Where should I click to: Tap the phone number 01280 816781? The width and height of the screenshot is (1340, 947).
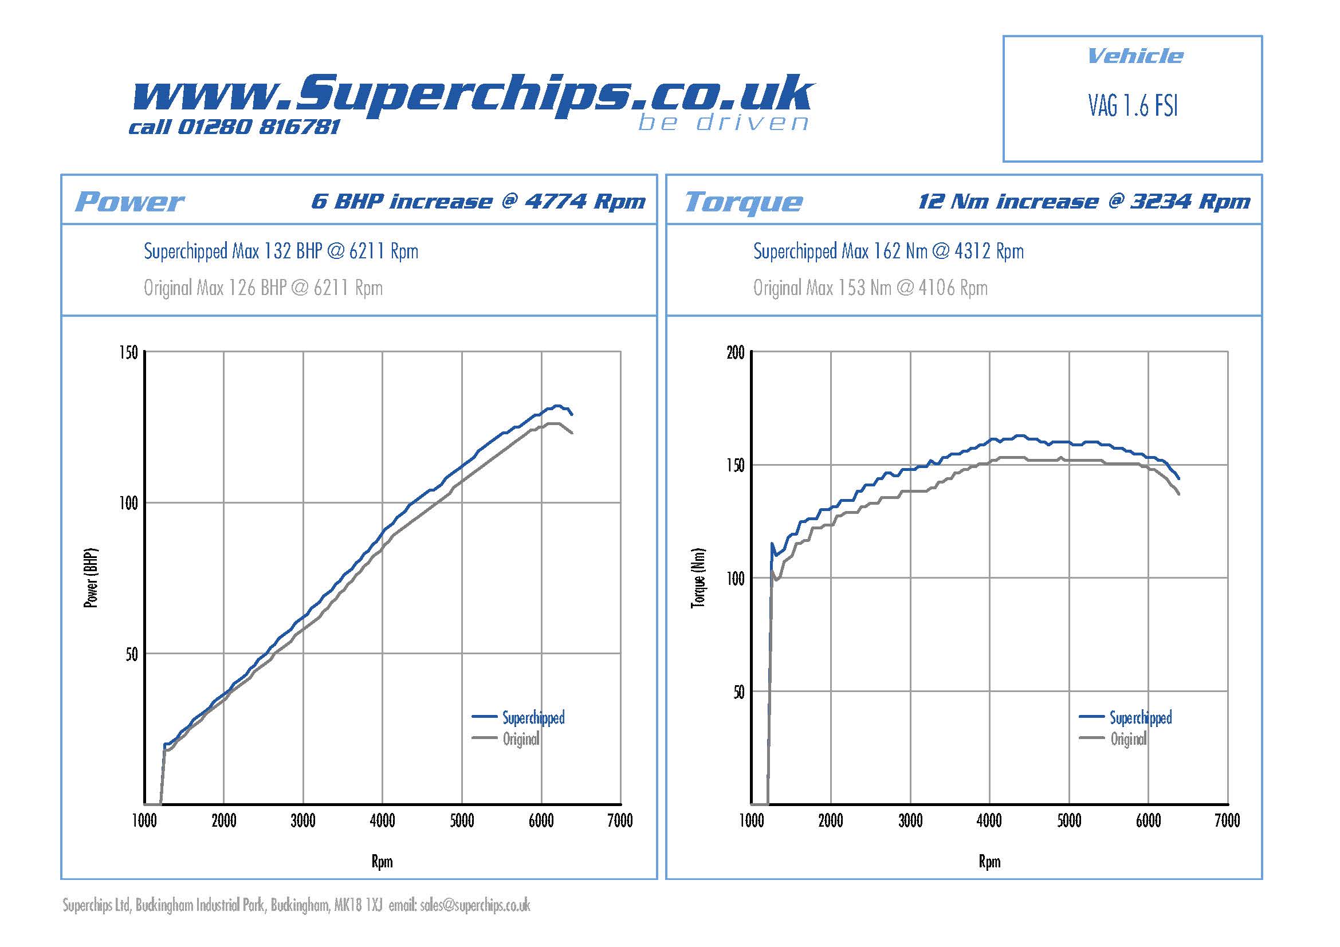tap(258, 127)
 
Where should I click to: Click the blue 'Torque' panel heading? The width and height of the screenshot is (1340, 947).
tap(743, 202)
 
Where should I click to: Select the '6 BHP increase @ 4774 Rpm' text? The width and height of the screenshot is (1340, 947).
tap(478, 201)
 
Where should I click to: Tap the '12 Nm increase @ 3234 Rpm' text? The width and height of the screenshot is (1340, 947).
tap(1084, 201)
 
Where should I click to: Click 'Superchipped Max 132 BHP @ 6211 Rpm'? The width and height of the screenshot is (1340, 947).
tap(281, 252)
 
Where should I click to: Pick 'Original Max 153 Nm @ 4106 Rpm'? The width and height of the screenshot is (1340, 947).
tap(870, 288)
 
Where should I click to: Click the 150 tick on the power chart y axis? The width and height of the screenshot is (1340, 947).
tap(128, 352)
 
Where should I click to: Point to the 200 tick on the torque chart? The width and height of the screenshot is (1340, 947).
tap(736, 352)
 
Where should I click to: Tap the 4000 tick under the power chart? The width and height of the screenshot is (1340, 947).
tap(382, 821)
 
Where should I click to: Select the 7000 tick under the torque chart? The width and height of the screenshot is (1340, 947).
tap(1227, 821)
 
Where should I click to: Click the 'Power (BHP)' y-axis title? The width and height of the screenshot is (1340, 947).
tap(91, 578)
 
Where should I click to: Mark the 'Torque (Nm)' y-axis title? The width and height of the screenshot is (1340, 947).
tap(698, 578)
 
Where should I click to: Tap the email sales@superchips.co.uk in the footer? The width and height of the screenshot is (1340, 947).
tap(474, 906)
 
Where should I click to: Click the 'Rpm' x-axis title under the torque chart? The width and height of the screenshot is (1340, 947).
tap(989, 862)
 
